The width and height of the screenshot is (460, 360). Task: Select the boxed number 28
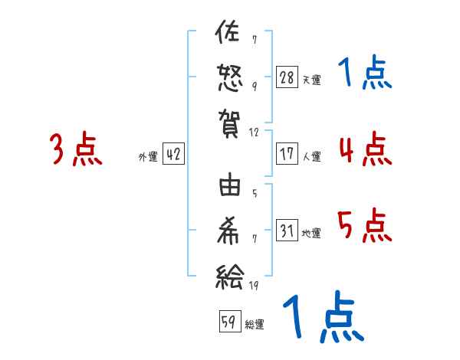click(x=287, y=77)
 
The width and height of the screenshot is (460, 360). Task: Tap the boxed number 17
click(x=287, y=154)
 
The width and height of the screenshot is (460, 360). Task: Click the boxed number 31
click(x=287, y=231)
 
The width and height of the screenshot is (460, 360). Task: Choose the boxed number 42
click(x=173, y=155)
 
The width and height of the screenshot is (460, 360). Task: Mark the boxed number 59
click(x=229, y=322)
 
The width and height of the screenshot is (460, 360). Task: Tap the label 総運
click(x=255, y=324)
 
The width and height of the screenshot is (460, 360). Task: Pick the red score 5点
click(x=364, y=225)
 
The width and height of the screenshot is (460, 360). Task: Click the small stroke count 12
click(x=255, y=133)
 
